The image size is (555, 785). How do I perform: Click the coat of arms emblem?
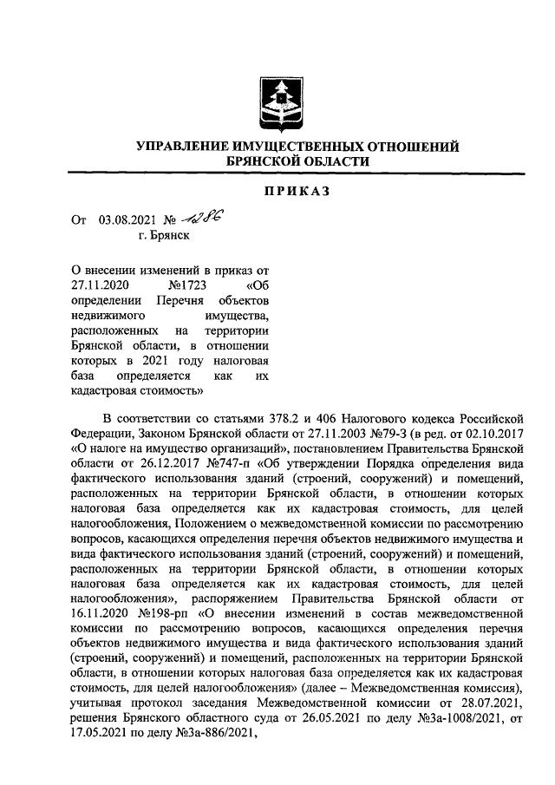277,101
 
